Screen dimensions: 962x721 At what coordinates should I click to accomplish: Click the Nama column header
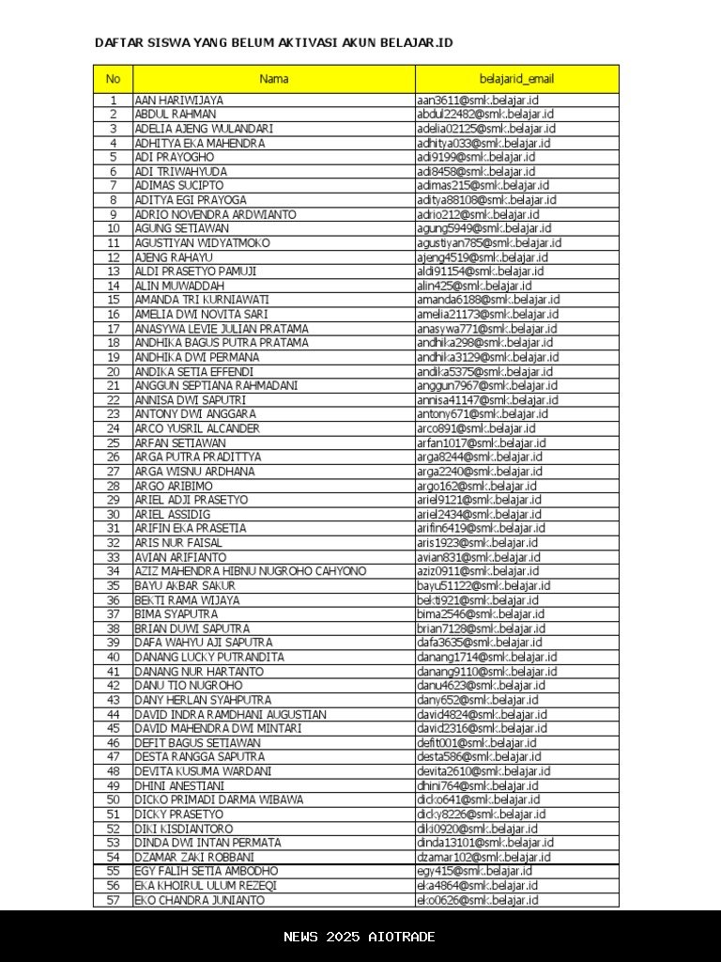coord(274,79)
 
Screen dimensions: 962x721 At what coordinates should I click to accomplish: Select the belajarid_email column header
coord(516,79)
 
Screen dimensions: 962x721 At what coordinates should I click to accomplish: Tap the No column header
coord(113,79)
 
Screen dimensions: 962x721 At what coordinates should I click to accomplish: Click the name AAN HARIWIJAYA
coord(179,101)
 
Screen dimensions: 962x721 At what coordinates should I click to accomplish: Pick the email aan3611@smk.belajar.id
coord(478,101)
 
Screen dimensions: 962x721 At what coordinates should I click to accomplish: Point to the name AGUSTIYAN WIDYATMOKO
coord(202,243)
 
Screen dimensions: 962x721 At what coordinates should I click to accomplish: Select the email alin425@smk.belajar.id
coord(474,286)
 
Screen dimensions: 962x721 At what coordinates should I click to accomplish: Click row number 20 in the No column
coord(113,372)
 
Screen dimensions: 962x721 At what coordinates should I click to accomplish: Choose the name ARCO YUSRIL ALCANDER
coord(197,428)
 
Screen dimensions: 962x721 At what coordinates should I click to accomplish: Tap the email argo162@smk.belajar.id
coord(477,486)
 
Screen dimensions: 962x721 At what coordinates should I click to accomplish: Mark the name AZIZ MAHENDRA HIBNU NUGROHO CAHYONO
coord(251,571)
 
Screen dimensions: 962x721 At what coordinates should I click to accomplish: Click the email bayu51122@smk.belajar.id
coord(483,585)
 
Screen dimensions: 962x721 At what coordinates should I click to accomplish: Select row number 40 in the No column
coord(113,658)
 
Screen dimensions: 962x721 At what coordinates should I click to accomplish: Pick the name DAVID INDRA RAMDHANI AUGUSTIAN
coord(231,715)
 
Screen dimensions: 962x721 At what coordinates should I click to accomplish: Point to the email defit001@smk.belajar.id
coord(477,743)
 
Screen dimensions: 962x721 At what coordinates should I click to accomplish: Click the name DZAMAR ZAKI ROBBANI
coord(194,858)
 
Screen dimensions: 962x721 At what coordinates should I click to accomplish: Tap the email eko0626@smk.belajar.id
coord(478,900)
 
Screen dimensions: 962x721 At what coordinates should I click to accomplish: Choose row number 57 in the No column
coord(113,900)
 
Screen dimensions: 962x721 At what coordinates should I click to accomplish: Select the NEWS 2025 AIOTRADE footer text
coord(360,937)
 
